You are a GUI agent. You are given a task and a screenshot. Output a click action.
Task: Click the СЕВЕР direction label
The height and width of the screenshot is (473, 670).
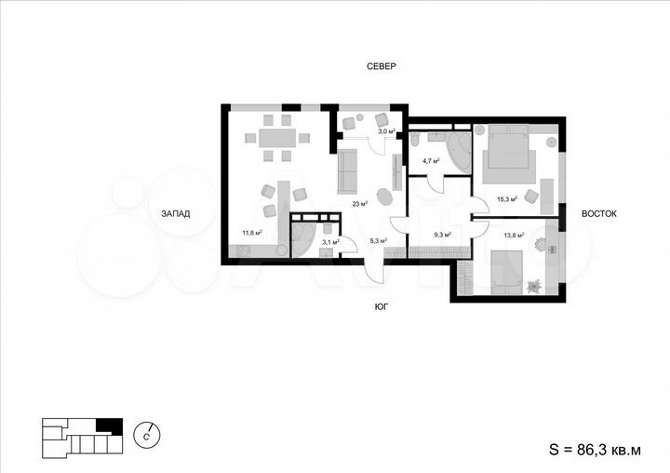(381, 66)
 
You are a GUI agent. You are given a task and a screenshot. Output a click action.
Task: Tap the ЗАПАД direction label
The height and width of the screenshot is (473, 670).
(175, 213)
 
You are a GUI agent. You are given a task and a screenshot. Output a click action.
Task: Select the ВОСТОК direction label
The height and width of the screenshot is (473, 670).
(599, 213)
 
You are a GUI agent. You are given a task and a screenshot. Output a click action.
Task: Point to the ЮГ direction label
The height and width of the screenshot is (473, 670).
(381, 304)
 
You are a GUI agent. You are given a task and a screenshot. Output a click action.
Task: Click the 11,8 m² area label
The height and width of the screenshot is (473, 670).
(251, 233)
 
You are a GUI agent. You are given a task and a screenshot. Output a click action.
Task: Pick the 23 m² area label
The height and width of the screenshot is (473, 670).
(358, 203)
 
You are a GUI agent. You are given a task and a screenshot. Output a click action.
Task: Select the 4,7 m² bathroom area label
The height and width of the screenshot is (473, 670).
(432, 160)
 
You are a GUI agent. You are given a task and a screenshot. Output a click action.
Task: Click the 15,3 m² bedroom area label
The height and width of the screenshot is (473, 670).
(506, 198)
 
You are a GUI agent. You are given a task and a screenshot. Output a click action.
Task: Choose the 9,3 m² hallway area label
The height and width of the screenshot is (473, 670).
(442, 234)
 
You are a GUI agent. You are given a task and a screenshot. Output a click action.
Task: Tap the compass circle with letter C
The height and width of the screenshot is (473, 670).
(148, 433)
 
